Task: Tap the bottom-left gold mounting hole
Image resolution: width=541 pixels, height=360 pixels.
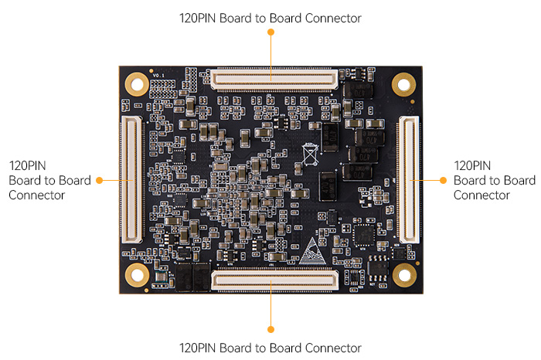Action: tap(137, 274)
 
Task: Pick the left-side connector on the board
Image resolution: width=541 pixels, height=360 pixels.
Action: tap(128, 179)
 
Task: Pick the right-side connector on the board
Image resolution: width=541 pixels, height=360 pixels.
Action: tap(409, 179)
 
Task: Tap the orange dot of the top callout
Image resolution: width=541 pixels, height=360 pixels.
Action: tap(270, 32)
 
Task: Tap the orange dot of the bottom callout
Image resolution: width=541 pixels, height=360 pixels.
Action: tap(270, 325)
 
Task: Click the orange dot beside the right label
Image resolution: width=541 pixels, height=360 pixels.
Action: tap(443, 180)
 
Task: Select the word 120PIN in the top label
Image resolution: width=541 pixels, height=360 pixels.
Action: tap(198, 17)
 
